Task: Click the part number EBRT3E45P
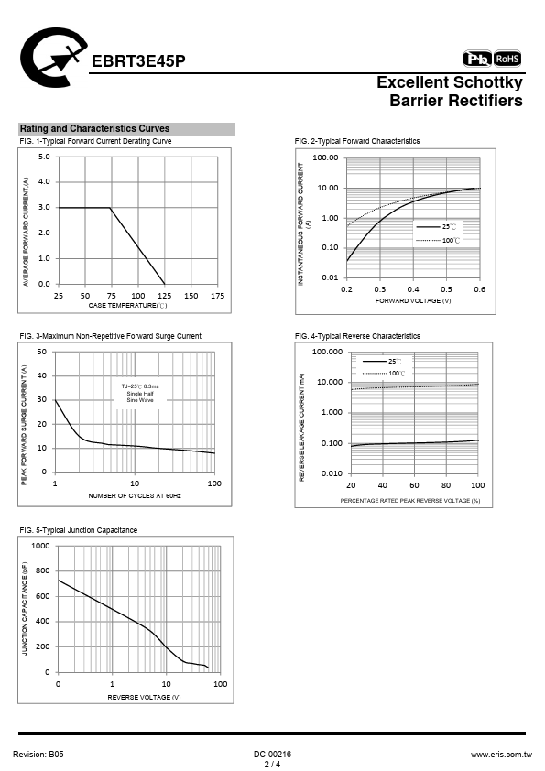click(138, 61)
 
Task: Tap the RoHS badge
click(507, 59)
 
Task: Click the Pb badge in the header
click(477, 59)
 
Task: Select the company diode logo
click(53, 58)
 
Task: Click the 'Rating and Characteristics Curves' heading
click(94, 129)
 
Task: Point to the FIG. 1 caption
click(95, 141)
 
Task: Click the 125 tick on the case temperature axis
click(164, 296)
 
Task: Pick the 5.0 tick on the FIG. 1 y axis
click(44, 157)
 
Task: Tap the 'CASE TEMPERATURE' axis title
click(128, 306)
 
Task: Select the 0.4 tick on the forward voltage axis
click(413, 289)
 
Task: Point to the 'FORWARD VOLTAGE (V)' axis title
click(413, 301)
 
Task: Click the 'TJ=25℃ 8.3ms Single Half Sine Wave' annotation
click(140, 394)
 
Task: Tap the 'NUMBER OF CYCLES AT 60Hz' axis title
click(135, 496)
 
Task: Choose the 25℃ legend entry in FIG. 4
click(382, 362)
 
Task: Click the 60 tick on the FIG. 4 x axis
click(414, 485)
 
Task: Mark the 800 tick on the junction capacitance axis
click(43, 570)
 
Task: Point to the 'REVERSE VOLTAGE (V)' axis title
click(144, 697)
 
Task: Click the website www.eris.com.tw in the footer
click(501, 755)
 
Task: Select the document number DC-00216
click(273, 755)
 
